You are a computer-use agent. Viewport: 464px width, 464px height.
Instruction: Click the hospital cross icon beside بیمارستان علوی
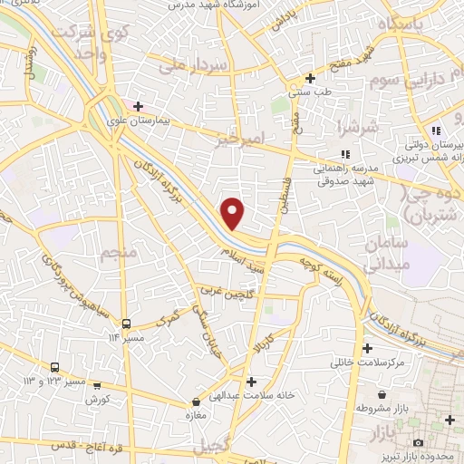tap(138, 106)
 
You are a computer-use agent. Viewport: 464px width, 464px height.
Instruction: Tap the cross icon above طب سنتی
tap(311, 78)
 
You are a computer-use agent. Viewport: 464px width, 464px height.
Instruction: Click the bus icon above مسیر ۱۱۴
tap(128, 324)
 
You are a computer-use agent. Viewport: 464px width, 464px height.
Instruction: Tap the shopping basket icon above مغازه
tap(197, 402)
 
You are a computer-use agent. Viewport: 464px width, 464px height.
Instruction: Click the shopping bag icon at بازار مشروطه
tap(384, 396)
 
